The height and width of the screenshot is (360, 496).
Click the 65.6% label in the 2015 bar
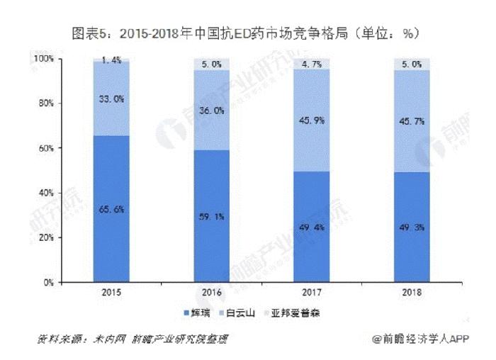[x=111, y=208]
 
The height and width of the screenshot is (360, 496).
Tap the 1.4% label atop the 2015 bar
[x=111, y=62]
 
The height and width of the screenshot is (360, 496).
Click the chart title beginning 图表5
[x=247, y=33]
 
